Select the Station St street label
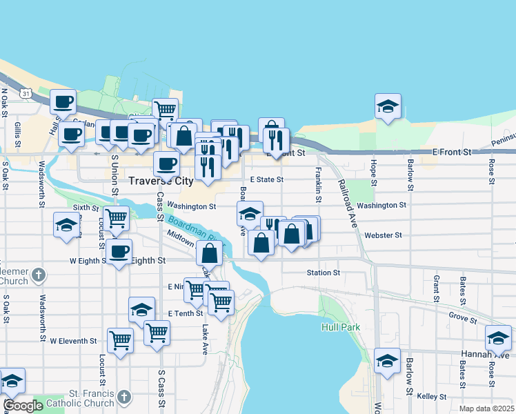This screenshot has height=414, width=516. coord(324,273)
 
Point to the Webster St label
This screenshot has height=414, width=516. coord(383,235)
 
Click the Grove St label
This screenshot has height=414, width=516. coord(462,319)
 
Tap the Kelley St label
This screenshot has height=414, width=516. coord(433,397)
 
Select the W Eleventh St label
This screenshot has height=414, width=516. coord(73,341)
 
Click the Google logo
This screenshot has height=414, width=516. coord(22,406)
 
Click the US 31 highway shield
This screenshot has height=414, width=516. coord(26,92)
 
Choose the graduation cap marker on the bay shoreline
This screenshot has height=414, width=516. coord(388,107)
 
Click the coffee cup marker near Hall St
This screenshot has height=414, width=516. coord(64,101)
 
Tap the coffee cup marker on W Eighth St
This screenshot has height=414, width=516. coord(119,251)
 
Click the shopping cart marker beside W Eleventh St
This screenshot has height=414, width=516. coord(120,340)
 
